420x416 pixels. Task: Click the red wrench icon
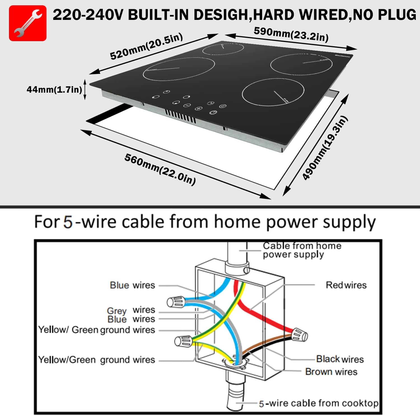coord(28,23)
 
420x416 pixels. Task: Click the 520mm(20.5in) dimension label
coord(146,46)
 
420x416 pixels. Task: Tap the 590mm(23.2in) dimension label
coord(291,34)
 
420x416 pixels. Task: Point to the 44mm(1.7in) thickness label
coord(54,90)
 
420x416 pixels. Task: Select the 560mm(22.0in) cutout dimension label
coord(160,169)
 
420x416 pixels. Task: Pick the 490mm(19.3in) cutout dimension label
coord(325,148)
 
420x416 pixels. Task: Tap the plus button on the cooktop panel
coord(199,108)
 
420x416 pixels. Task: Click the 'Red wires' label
coord(346,285)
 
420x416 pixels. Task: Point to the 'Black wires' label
coord(340,359)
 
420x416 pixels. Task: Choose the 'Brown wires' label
coord(331,372)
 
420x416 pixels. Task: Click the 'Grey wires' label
coord(131,310)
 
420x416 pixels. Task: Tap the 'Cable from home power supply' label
coord(302,250)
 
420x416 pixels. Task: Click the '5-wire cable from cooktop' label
coord(319,403)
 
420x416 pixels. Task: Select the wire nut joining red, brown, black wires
coord(299,335)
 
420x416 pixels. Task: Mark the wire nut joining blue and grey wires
coord(176,302)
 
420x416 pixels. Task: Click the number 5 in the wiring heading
coord(68,222)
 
